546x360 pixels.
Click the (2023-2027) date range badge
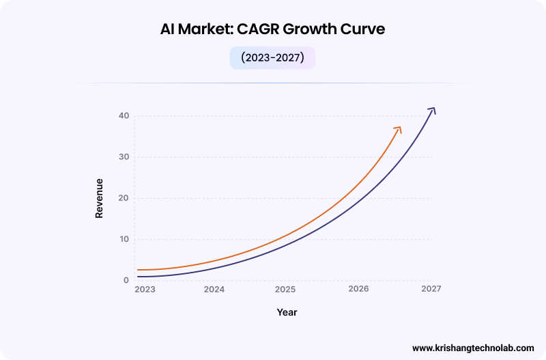point(272,58)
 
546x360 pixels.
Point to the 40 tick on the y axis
point(123,115)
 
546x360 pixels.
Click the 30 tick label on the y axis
point(123,157)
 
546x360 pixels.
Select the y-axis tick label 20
point(123,198)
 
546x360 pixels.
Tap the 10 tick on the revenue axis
point(123,239)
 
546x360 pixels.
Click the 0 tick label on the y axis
point(126,280)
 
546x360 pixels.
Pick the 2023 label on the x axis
point(145,289)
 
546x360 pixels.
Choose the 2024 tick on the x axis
point(214,289)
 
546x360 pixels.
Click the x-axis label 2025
point(285,289)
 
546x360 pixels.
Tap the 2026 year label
point(358,289)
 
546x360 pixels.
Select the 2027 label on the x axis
point(431,289)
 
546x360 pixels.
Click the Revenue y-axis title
point(99,198)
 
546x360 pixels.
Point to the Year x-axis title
point(287,312)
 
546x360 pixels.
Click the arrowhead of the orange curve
point(399,129)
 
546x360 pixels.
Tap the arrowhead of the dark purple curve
point(432,110)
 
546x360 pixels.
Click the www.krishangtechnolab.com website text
point(473,347)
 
